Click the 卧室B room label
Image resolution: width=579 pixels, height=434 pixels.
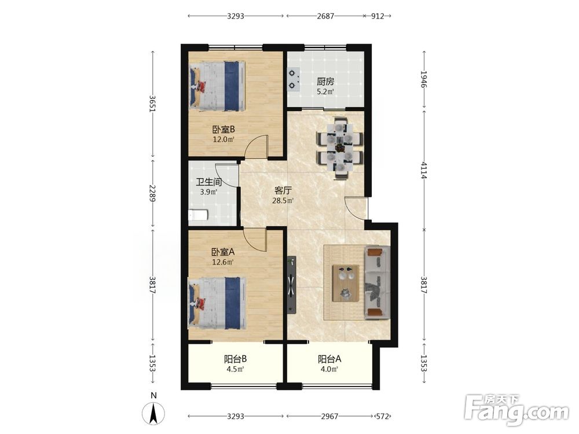pyautogui.click(x=223, y=130)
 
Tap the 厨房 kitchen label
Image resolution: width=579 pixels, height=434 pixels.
pyautogui.click(x=325, y=82)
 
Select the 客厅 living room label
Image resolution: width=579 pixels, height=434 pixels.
pyautogui.click(x=283, y=190)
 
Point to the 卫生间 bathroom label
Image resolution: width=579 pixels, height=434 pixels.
pyautogui.click(x=208, y=182)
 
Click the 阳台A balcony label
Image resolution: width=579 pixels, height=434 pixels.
pyautogui.click(x=330, y=359)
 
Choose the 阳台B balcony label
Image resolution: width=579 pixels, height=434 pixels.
pyautogui.click(x=236, y=359)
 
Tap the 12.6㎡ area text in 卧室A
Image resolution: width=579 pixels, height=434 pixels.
pyautogui.click(x=223, y=262)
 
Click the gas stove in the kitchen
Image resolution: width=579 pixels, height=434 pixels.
pyautogui.click(x=293, y=79)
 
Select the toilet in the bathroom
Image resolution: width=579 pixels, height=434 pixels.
pyautogui.click(x=198, y=215)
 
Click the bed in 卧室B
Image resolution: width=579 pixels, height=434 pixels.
pyautogui.click(x=217, y=86)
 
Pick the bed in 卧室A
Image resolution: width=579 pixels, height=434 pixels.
pyautogui.click(x=217, y=303)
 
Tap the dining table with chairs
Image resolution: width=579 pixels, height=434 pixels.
pyautogui.click(x=340, y=148)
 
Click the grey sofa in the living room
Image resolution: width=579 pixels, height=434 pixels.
pyautogui.click(x=378, y=283)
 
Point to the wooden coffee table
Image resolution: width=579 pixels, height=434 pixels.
pyautogui.click(x=346, y=283)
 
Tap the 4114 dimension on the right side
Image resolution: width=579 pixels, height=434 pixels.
pyautogui.click(x=423, y=170)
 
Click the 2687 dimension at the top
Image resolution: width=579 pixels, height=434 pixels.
pyautogui.click(x=325, y=16)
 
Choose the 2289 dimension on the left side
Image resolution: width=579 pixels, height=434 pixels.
pyautogui.click(x=152, y=193)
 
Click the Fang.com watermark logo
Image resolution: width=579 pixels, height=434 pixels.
pyautogui.click(x=516, y=410)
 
